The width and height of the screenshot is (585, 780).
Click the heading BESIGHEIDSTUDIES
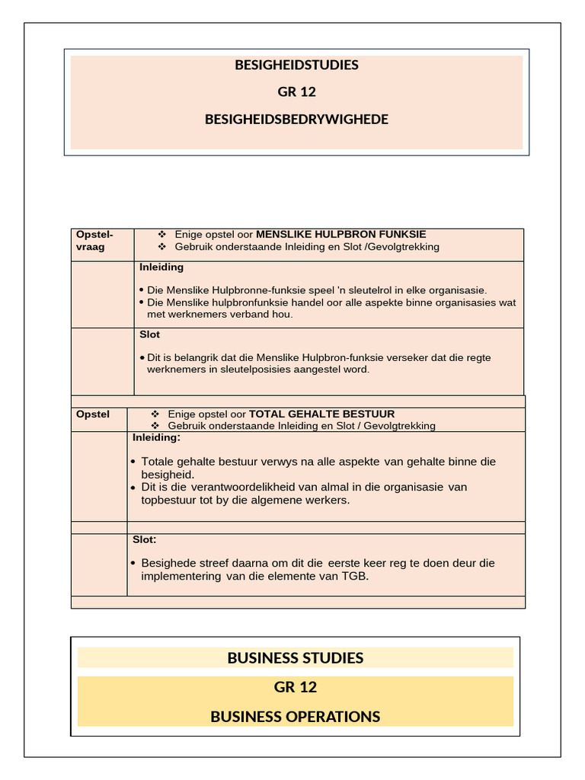tap(296, 65)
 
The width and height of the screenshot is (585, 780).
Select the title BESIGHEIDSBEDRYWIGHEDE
tap(296, 119)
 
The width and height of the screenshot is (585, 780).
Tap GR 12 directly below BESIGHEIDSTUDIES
tap(296, 92)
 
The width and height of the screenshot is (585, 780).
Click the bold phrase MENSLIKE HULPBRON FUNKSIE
tap(340, 235)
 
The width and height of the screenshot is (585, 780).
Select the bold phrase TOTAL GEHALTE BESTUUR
tap(322, 414)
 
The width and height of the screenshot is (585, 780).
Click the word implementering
tap(182, 576)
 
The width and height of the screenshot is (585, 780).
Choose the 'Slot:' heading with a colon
tap(144, 539)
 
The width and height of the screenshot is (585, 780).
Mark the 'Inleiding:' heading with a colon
tap(156, 438)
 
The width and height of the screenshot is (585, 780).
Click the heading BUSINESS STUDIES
tap(296, 658)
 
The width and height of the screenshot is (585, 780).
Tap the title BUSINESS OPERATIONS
tap(296, 717)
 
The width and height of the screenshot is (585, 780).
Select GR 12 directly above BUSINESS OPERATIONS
tap(296, 687)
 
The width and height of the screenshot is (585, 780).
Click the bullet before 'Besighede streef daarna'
tap(133, 564)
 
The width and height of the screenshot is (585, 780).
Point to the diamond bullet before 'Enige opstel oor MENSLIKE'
tap(161, 235)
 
